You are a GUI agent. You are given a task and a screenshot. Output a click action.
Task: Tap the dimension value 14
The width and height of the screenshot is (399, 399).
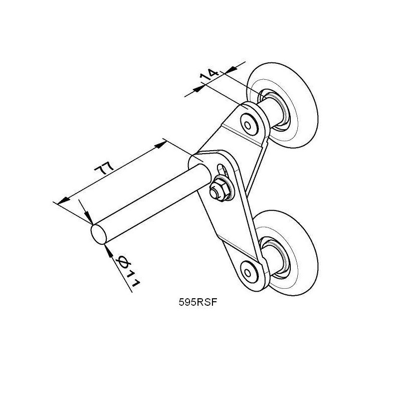coord(209,74)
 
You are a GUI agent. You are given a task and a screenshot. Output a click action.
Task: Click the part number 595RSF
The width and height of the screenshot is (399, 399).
coord(198,302)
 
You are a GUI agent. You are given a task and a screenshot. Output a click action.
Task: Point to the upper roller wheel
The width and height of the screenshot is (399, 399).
coord(282,105)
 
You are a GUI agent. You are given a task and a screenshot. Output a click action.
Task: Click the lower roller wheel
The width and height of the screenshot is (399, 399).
coord(285,253)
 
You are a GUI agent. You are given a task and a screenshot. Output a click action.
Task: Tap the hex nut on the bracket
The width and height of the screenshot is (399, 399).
coord(219,189)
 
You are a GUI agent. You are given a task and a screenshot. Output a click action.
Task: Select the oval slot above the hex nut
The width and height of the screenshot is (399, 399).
coord(222,170)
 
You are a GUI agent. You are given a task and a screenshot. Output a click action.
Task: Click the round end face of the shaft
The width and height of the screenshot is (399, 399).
coord(98,234)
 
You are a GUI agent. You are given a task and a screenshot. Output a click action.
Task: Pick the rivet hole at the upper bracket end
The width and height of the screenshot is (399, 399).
coord(247,125)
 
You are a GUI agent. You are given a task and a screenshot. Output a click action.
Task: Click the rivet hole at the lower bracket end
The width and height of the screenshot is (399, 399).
coord(247,273)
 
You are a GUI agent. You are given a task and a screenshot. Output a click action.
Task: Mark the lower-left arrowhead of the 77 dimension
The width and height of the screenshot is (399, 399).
coord(64,200)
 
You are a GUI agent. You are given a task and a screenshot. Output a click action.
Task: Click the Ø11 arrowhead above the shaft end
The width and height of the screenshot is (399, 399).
coord(88,217)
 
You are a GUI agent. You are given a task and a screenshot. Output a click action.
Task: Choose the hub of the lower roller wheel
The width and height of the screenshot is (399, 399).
coord(275,257)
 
